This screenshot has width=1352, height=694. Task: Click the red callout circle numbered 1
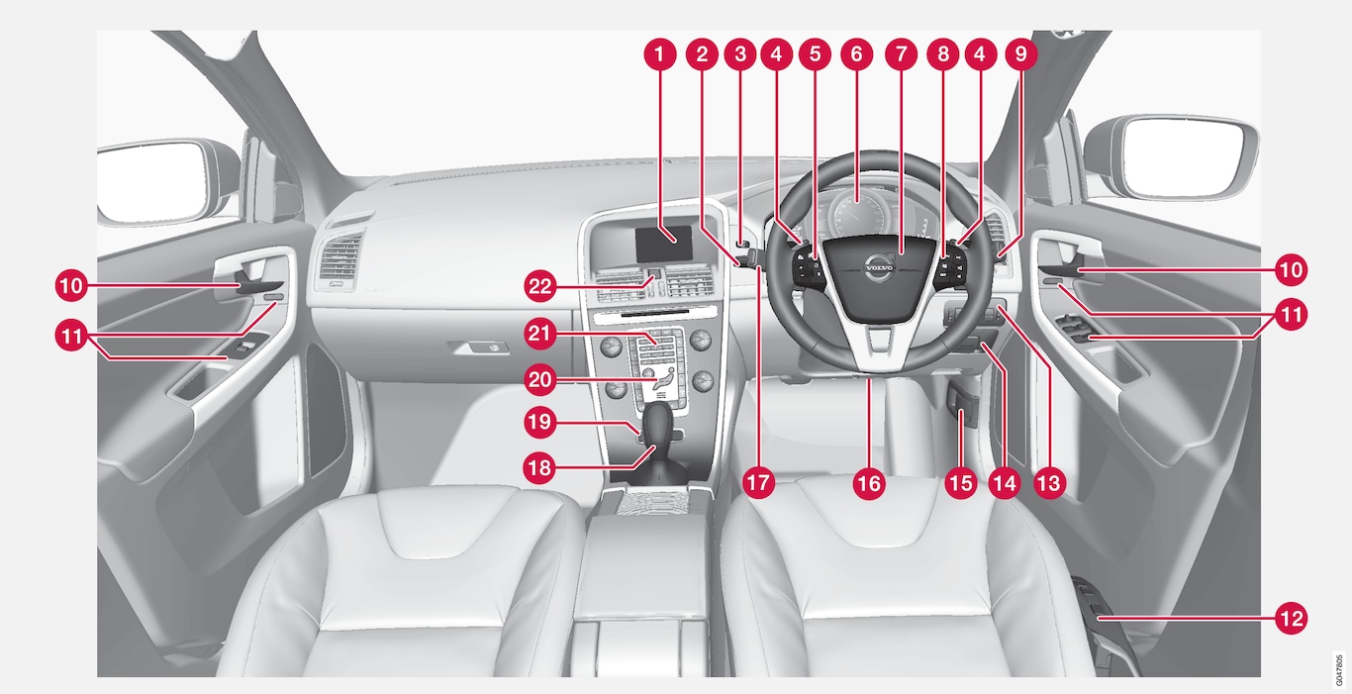coord(659,54)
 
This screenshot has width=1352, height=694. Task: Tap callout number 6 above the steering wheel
coord(856,54)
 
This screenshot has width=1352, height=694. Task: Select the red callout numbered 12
coord(1291,619)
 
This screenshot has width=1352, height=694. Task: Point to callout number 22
coord(540,286)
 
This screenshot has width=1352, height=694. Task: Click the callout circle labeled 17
coord(758,483)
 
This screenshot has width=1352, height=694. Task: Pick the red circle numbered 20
coord(540,380)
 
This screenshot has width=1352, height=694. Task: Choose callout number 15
coord(961,483)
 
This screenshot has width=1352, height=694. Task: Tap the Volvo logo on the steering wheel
coord(880,267)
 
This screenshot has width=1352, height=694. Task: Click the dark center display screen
coord(663,244)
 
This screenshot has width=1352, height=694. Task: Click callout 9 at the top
coord(1021,54)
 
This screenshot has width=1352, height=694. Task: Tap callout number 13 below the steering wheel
coord(1049,483)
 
